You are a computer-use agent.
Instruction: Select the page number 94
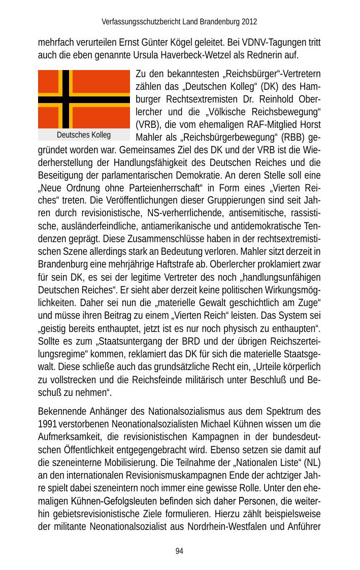tap(179, 551)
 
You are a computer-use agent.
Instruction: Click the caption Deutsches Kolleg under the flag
tap(84, 135)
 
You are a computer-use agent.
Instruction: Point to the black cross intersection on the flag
tap(66, 99)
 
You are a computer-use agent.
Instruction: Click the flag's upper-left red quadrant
tap(48, 81)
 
